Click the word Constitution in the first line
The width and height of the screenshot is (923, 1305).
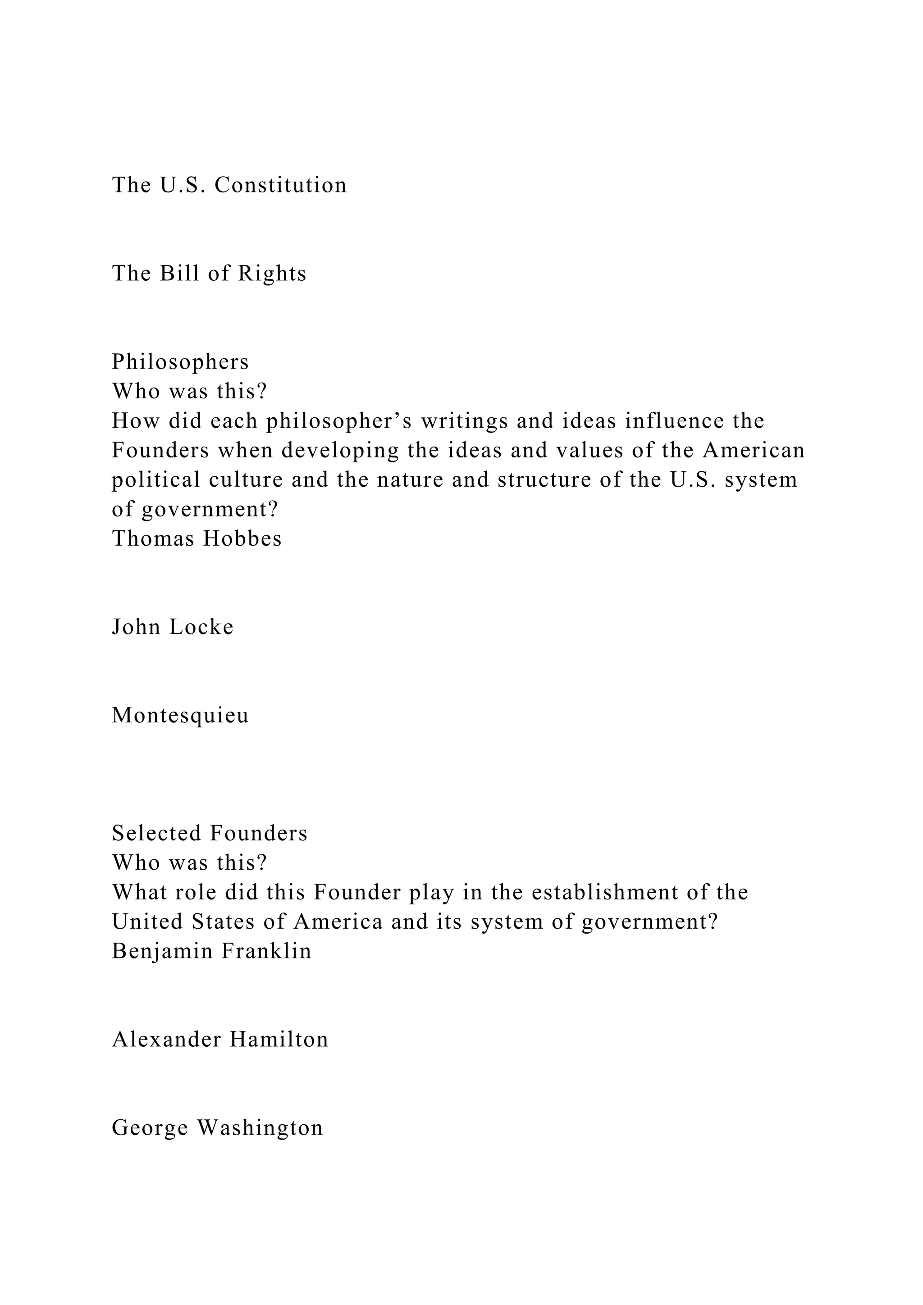(280, 185)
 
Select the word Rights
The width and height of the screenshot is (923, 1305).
(272, 274)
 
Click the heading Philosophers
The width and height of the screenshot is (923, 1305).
(180, 362)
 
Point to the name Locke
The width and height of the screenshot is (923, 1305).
(202, 627)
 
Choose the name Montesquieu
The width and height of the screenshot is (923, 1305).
(180, 715)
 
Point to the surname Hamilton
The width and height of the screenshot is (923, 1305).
(279, 1040)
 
